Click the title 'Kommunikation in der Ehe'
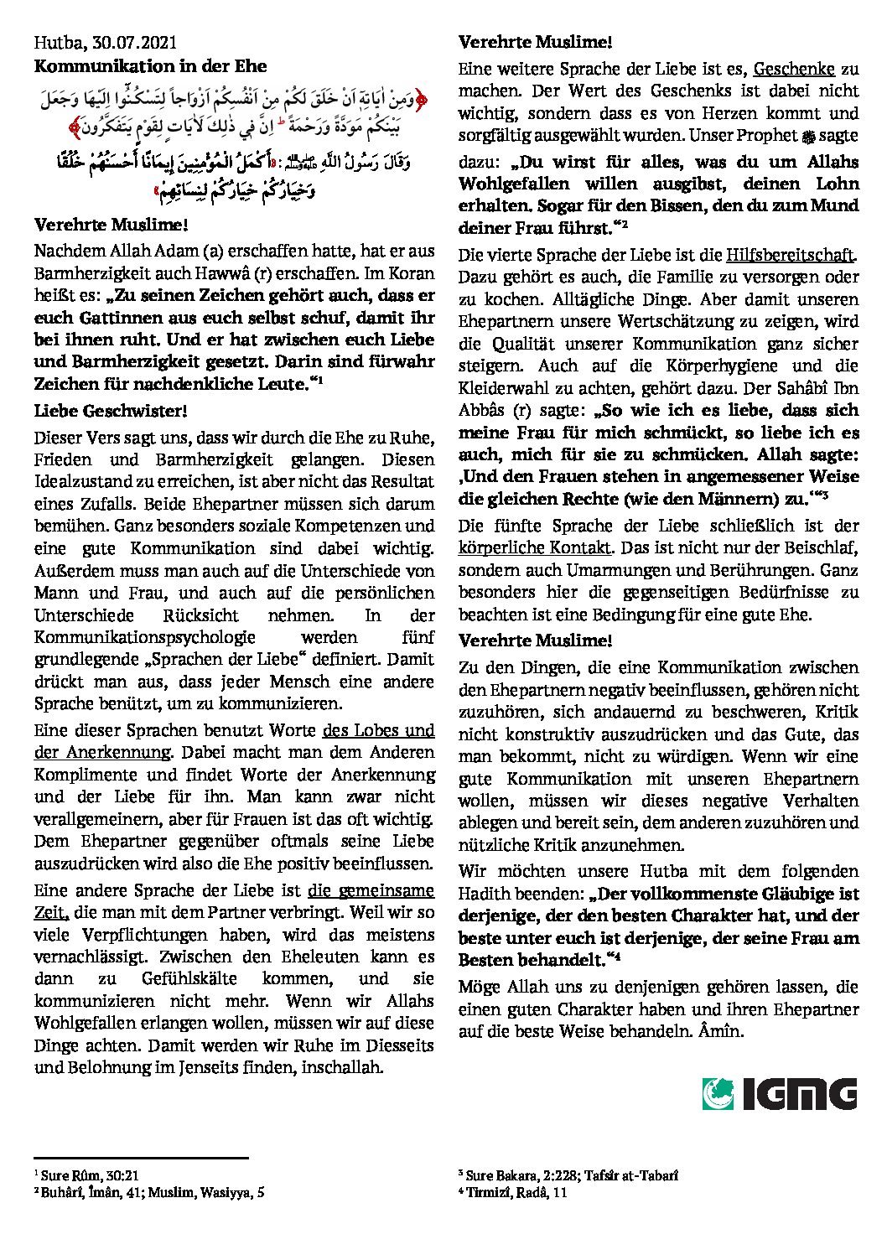point(151,65)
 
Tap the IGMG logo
point(779,1094)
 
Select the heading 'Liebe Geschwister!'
point(111,411)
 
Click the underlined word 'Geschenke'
point(794,69)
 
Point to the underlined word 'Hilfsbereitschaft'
point(790,255)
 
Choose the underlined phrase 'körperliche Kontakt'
point(534,548)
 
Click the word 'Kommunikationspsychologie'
point(144,637)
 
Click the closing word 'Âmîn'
point(720,1031)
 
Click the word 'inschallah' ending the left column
point(345,1067)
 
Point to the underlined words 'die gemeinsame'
point(371,890)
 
